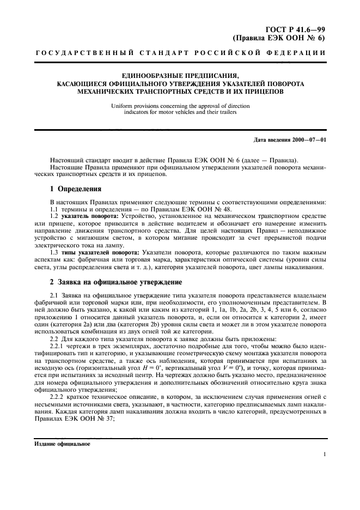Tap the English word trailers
(x=228, y=112)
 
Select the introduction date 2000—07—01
(x=306, y=141)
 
